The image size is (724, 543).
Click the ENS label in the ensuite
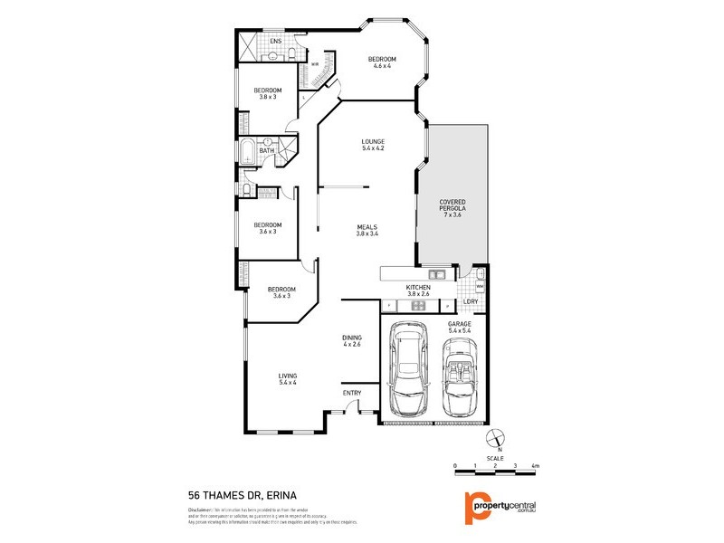point(275,41)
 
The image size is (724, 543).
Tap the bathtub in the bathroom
point(249,151)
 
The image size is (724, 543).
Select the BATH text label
point(267,151)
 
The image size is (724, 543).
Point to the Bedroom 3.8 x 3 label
point(267,93)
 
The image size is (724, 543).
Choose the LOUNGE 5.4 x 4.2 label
point(373,145)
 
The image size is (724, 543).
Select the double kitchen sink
point(436,273)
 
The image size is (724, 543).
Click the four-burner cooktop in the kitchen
point(418,306)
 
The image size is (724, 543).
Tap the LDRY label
point(470,302)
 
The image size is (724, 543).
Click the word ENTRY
point(352,392)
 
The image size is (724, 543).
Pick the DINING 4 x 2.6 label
point(352,339)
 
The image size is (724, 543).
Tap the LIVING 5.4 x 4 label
point(288,379)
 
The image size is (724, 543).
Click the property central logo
point(499,506)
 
